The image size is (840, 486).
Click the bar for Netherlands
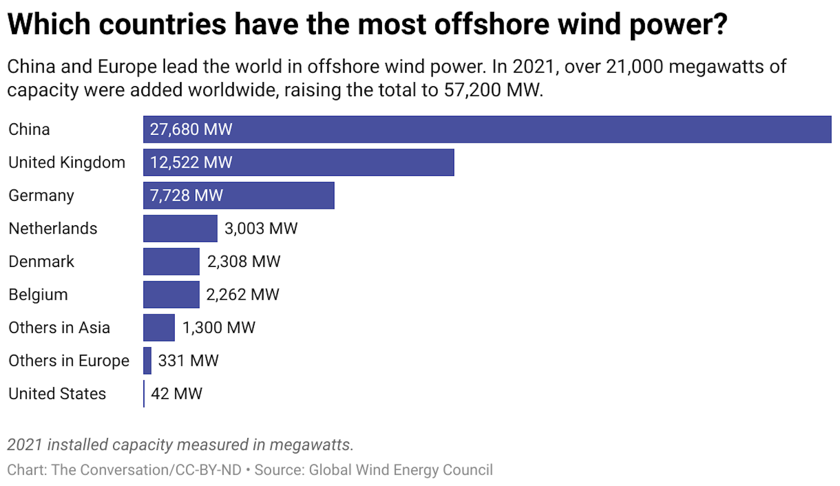180,228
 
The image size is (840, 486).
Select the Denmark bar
171,262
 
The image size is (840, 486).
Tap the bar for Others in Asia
159,328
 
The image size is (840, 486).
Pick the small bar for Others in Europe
147,361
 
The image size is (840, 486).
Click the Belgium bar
171,295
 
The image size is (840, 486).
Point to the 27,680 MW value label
191,129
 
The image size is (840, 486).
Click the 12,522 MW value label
191,163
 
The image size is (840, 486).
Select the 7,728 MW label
186,196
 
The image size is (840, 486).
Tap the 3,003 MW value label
261,228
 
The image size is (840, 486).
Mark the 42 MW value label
176,394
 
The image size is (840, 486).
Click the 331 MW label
188,361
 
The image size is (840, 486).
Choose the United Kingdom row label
67,163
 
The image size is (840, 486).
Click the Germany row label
42,196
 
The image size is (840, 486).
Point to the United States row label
57,394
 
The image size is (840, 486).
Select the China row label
29,129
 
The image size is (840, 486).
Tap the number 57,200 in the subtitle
472,90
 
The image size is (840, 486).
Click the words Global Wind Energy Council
401,470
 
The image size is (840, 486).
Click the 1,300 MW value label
219,328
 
